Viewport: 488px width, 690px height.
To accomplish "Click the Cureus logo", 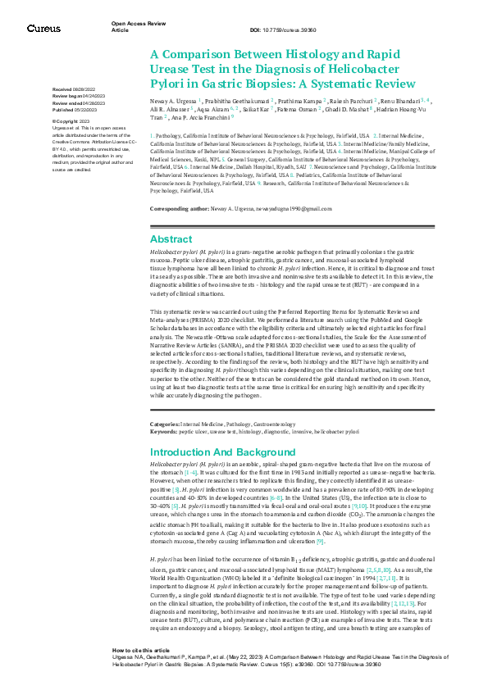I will pos(43,29).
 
